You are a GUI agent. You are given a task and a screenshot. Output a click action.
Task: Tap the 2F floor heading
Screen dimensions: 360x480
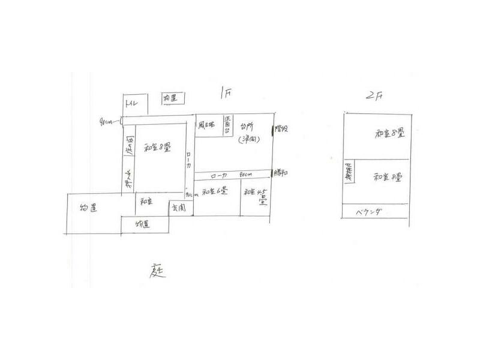tap(374, 94)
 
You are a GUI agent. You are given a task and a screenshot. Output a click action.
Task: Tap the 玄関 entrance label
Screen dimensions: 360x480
tap(178, 207)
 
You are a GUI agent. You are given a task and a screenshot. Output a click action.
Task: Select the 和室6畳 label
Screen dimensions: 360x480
tap(214, 192)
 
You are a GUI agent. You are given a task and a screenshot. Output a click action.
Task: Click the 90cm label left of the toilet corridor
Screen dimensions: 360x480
tap(110, 122)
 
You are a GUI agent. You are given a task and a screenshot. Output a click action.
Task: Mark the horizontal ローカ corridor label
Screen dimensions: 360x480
tap(220, 176)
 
